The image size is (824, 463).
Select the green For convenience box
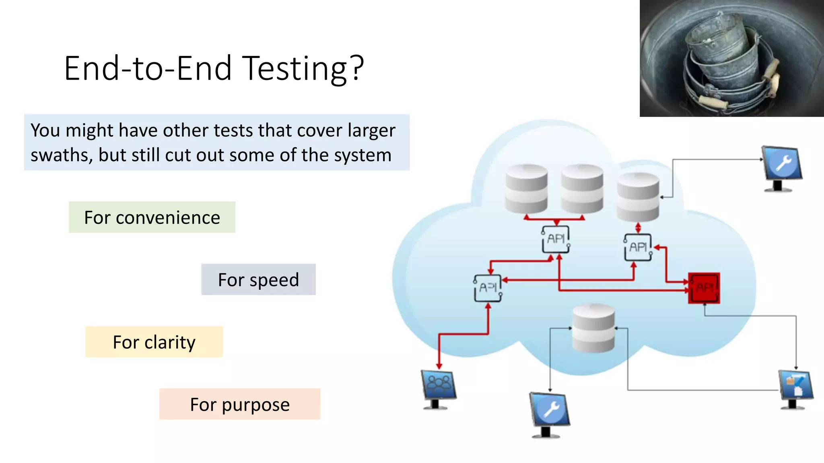[x=152, y=217]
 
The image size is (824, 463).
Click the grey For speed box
[x=258, y=280]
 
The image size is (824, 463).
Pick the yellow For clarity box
[x=154, y=342]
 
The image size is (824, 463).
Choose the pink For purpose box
[x=240, y=404]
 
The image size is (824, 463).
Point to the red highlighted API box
[x=704, y=288]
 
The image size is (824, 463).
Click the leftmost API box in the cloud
[x=488, y=288]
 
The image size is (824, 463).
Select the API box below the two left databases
[x=556, y=239]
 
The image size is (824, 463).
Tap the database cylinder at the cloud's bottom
[x=593, y=328]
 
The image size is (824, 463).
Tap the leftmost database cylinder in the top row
[x=526, y=188]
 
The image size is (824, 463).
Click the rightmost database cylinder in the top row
[x=638, y=197]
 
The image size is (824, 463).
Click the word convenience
[x=168, y=217]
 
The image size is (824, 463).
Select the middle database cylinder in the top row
[x=582, y=188]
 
